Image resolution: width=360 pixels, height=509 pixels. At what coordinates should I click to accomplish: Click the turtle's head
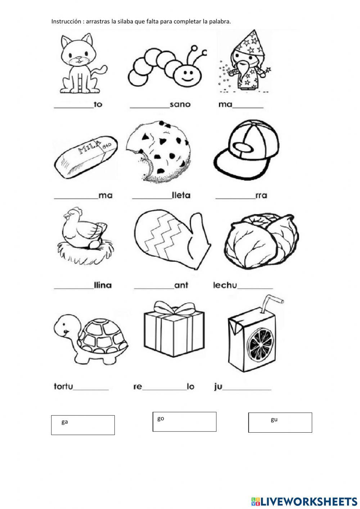pyautogui.click(x=64, y=327)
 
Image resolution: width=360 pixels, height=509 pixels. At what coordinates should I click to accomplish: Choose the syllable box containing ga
pyautogui.click(x=83, y=425)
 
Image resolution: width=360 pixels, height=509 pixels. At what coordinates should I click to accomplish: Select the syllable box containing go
pyautogui.click(x=184, y=421)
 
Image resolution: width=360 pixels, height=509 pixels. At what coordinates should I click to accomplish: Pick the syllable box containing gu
pyautogui.click(x=280, y=422)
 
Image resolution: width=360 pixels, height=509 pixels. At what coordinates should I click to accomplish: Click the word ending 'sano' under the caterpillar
pyautogui.click(x=180, y=105)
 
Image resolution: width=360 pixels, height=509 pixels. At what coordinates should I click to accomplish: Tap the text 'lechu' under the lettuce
pyautogui.click(x=225, y=285)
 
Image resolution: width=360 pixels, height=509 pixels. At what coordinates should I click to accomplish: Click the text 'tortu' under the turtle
pyautogui.click(x=63, y=387)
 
